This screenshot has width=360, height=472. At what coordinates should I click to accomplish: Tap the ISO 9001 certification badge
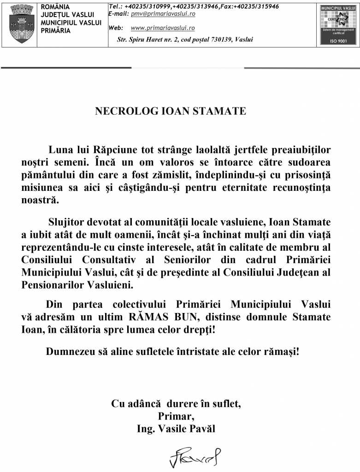(338, 25)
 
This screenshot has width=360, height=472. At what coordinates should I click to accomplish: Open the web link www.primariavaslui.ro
(162, 28)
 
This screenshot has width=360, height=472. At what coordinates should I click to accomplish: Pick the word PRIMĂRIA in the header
(56, 31)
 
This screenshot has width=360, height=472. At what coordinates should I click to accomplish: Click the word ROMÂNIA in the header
(55, 7)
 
